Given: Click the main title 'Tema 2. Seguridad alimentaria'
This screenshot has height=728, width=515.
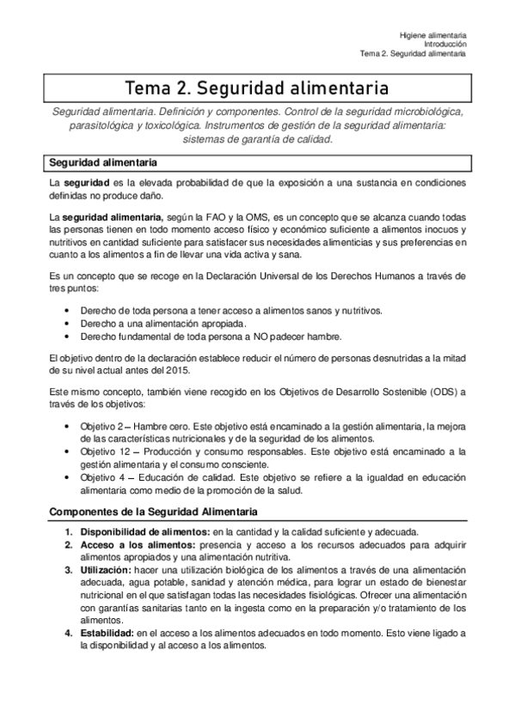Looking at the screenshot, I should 257,88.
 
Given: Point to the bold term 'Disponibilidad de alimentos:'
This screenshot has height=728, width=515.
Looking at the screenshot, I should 145,531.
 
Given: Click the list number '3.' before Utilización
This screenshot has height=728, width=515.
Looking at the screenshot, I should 69,570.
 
